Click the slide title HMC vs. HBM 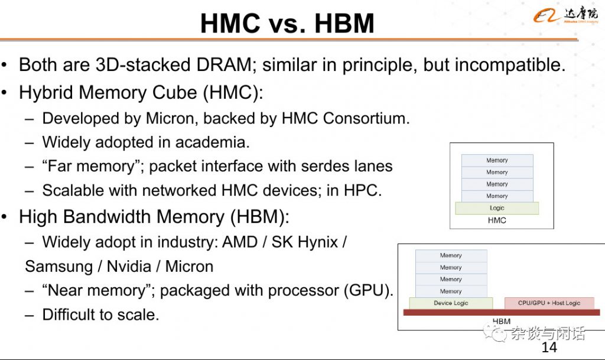(x=288, y=23)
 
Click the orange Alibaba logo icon (x=547, y=15)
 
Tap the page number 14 (x=549, y=347)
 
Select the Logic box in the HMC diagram (x=497, y=208)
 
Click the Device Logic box (x=451, y=303)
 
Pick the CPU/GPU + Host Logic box (x=549, y=303)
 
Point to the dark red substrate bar (x=502, y=312)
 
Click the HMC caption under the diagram (x=497, y=220)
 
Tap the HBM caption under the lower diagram (x=502, y=321)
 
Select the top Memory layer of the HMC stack (x=497, y=160)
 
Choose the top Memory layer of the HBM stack (x=451, y=255)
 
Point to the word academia (x=212, y=142)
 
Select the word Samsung (x=58, y=267)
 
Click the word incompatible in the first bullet (x=495, y=65)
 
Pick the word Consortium (x=366, y=118)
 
